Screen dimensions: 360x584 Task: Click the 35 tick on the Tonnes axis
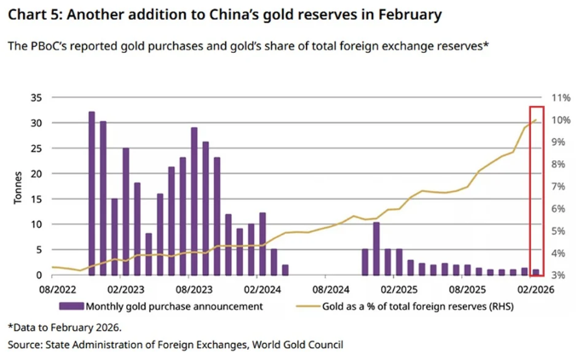(36, 98)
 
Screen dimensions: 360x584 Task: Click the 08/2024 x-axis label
(325, 290)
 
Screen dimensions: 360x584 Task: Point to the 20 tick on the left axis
(36, 174)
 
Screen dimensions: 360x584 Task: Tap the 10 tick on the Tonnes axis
(36, 224)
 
